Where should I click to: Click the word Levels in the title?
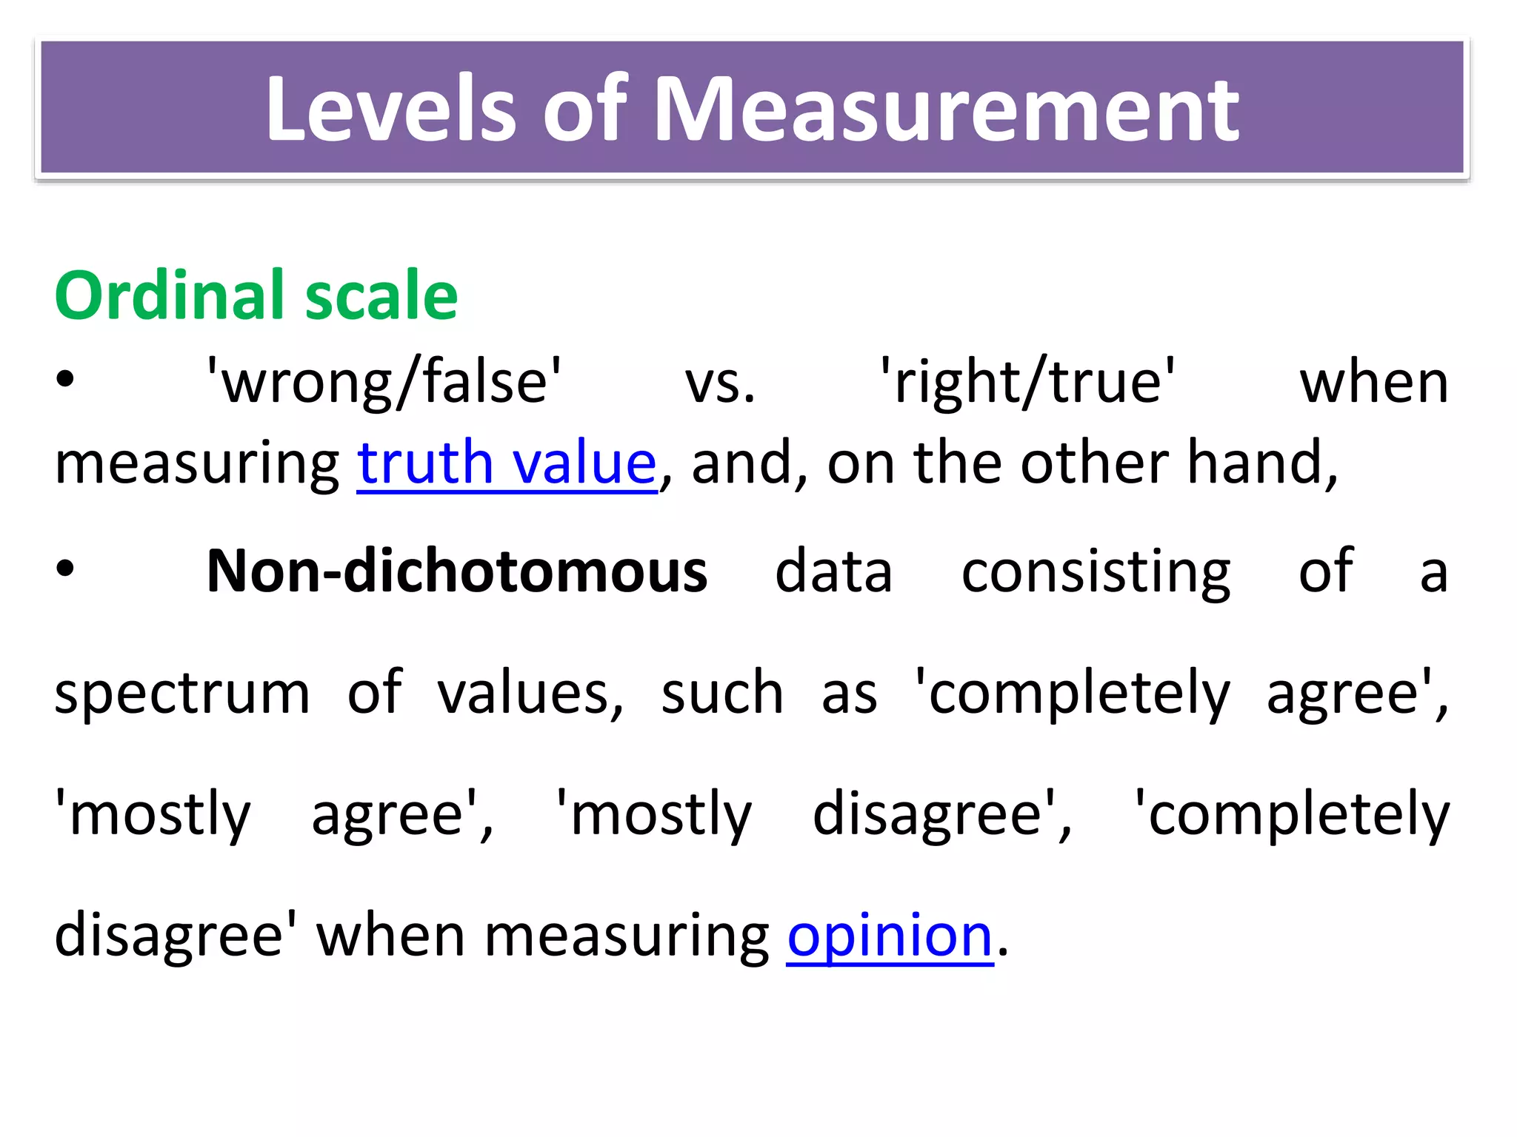390,110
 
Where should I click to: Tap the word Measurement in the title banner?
946,110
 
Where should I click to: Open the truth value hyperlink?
507,463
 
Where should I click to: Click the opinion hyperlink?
889,936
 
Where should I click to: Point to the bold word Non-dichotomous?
457,571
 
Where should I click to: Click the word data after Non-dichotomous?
833,571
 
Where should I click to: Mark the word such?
722,693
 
